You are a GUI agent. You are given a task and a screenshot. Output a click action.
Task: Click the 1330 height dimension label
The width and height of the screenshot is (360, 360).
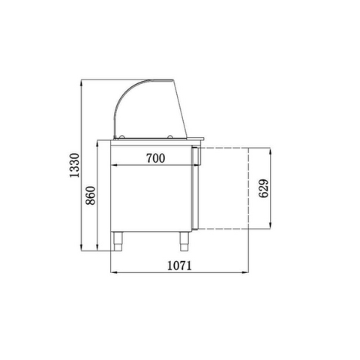(x=74, y=165)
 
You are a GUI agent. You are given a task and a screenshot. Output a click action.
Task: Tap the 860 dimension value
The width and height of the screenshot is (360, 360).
(x=91, y=196)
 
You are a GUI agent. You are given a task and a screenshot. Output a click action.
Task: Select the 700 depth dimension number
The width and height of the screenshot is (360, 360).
(x=155, y=158)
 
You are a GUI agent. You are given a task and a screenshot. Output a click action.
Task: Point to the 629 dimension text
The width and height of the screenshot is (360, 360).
(x=263, y=188)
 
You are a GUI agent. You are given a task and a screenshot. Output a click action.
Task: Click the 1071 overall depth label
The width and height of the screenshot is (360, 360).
(x=179, y=265)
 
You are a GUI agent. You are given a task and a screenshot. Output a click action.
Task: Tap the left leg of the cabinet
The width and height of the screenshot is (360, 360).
(x=118, y=241)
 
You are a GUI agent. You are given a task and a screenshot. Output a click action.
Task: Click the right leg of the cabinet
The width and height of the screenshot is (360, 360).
(x=184, y=241)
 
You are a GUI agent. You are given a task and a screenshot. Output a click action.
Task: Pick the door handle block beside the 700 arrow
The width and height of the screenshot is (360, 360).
(x=196, y=156)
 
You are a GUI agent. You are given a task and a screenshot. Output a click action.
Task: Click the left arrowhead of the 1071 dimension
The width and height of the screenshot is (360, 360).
(x=114, y=272)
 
